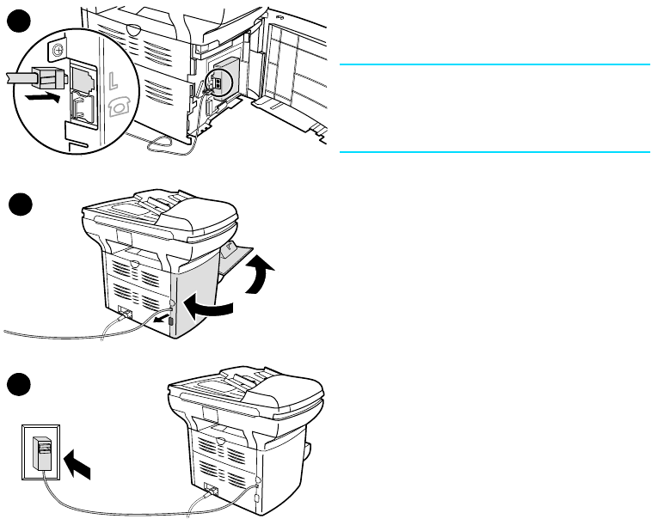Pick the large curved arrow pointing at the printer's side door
pos(213,306)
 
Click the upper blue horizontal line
pos(494,64)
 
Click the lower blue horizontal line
pos(494,152)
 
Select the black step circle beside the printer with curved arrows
pos(19,207)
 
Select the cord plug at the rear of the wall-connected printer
pos(210,494)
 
